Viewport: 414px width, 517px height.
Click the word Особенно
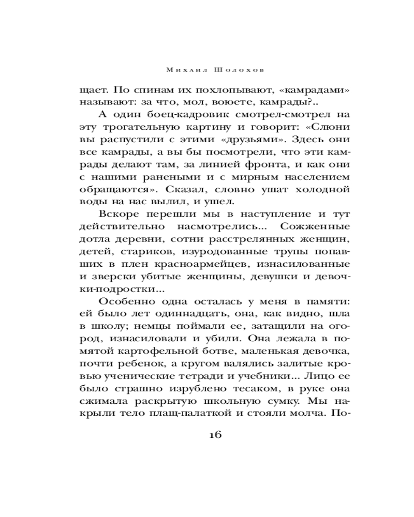click(125, 302)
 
